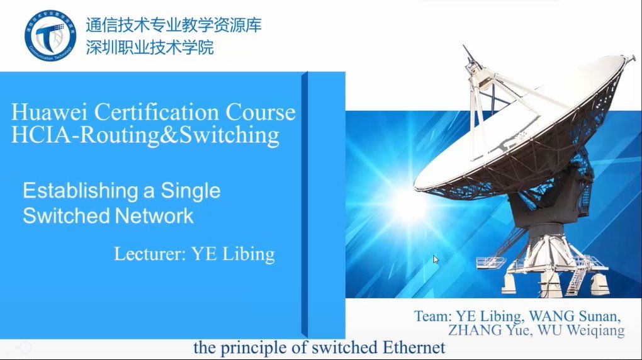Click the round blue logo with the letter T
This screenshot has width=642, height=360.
tap(50, 36)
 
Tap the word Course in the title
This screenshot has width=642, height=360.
tap(261, 112)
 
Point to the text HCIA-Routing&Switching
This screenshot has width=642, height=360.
tap(145, 135)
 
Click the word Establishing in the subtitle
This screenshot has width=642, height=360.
tap(81, 191)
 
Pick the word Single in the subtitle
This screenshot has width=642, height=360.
tap(190, 191)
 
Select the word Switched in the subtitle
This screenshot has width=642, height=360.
tap(66, 216)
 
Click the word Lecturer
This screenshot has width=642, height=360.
tap(150, 254)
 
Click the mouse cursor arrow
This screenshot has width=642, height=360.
tap(436, 259)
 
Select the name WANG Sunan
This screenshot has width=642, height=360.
tap(575, 316)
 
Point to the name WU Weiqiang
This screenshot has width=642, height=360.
tap(581, 330)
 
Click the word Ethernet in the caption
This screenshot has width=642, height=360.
tap(414, 347)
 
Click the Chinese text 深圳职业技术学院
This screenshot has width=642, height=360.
tap(150, 47)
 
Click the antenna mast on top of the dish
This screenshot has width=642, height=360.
tap(468, 55)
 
